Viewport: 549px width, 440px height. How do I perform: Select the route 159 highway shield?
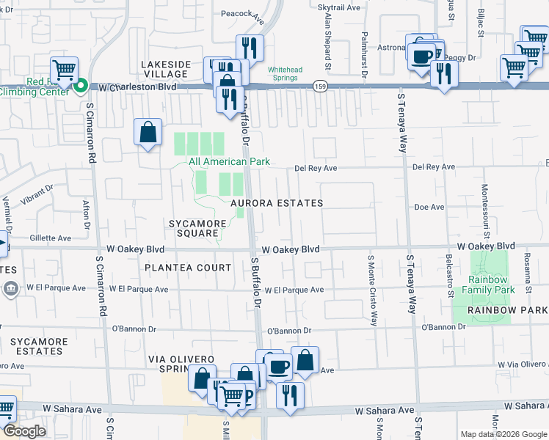point(320,85)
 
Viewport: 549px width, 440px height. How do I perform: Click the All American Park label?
point(229,161)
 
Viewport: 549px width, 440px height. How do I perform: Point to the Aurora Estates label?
point(277,203)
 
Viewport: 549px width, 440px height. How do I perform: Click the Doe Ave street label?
point(429,208)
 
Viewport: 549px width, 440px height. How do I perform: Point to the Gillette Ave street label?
point(51,238)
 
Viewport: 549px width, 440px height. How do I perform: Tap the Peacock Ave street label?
point(242,13)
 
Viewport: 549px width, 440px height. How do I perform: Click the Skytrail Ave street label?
point(339,7)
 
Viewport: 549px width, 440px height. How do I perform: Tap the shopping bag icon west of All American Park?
point(148,133)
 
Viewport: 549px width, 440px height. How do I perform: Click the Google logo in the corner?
point(24,431)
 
